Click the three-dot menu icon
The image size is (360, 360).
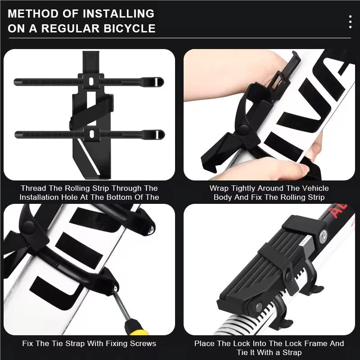click(350, 21)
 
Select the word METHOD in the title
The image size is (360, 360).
click(31, 13)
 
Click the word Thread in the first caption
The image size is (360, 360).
click(34, 188)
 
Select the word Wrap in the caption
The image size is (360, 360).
click(218, 188)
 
